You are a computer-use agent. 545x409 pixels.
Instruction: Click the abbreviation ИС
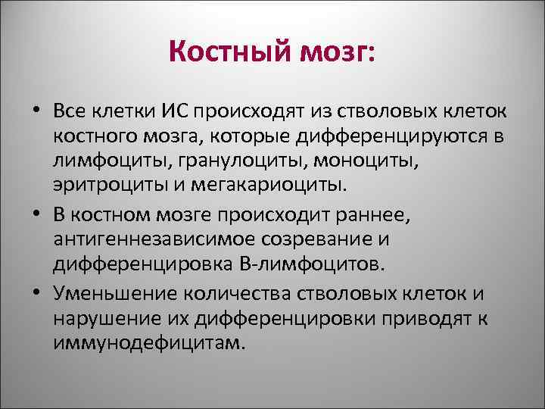[173, 112]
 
